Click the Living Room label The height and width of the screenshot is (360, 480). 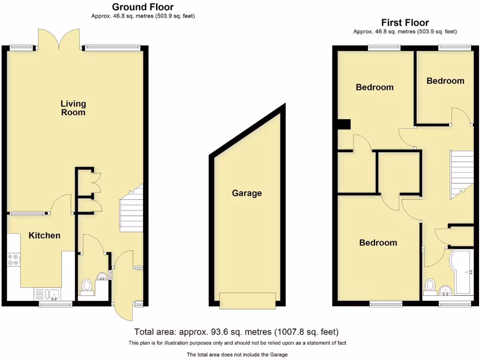pos(73,108)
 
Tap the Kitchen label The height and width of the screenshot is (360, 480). pos(45,235)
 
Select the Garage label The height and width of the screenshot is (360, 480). pos(247,193)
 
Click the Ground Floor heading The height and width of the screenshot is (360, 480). pos(143,7)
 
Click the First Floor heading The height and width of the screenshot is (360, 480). pos(405,22)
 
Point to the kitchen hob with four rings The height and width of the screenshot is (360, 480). pos(13,260)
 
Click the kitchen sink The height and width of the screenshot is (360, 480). pos(51,294)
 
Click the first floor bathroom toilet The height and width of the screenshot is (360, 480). pos(430,285)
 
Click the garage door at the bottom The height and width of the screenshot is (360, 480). pos(247,300)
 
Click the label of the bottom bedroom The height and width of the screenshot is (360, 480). pos(378,242)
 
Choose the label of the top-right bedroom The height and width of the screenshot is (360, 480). pos(445,81)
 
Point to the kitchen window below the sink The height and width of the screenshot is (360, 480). pos(55,304)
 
